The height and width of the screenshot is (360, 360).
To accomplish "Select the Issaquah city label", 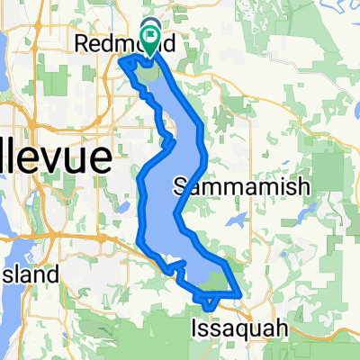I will (x=239, y=329).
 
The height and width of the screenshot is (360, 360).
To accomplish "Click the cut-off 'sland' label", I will (x=30, y=274).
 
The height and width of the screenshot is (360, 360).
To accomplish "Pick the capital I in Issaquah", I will (x=195, y=329).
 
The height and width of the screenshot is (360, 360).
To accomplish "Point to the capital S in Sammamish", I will (x=178, y=186).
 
